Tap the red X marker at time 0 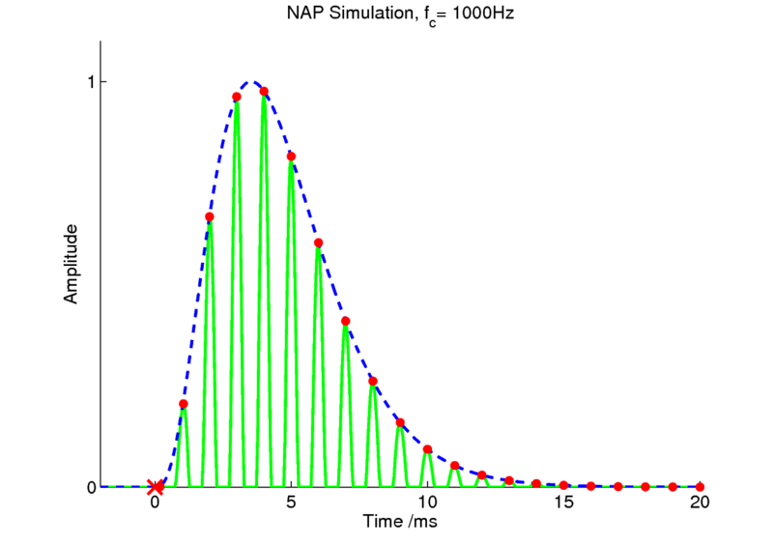(155, 487)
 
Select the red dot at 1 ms (183, 404)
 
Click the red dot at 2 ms (210, 217)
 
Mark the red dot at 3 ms (237, 97)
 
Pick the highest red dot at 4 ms (264, 92)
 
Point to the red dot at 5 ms (291, 157)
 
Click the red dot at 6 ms (318, 243)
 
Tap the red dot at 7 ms (346, 321)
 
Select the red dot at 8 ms (373, 381)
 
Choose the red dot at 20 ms (700, 486)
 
